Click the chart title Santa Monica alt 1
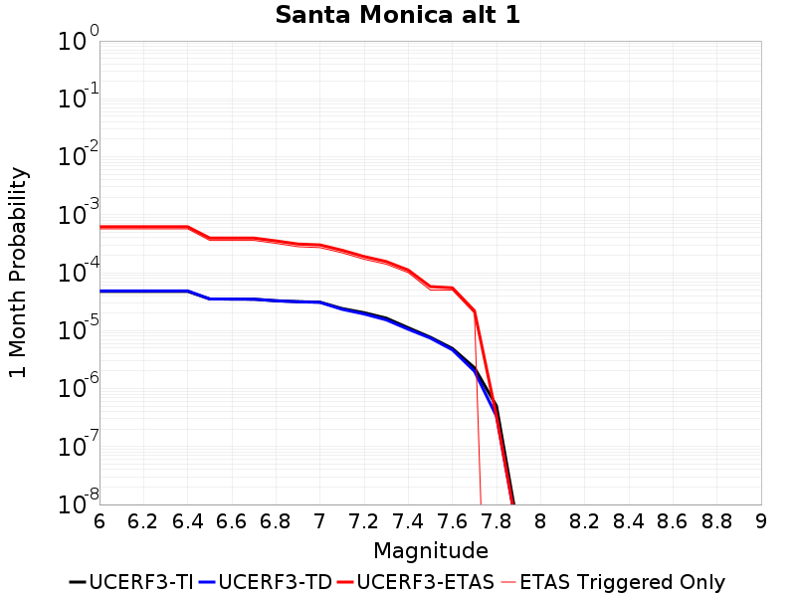tap(398, 15)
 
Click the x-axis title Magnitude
tap(430, 550)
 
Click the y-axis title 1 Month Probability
tap(18, 273)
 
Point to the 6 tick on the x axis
tap(99, 521)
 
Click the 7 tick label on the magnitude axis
tap(320, 521)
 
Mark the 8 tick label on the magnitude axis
tap(540, 521)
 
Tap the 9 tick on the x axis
tap(761, 521)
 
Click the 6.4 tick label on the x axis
tap(188, 521)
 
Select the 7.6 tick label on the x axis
tap(452, 521)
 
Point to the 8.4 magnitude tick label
tap(629, 521)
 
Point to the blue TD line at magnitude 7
tap(320, 302)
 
